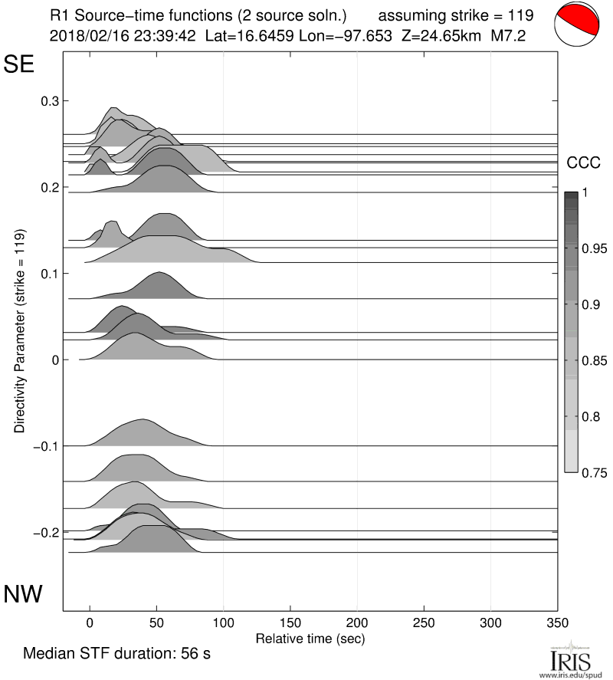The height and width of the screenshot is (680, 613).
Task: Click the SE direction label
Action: click(20, 65)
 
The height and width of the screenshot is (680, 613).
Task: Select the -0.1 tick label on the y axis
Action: click(45, 446)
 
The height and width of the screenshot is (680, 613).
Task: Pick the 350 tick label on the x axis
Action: click(557, 622)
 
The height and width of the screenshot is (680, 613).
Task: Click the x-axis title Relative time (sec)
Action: click(310, 638)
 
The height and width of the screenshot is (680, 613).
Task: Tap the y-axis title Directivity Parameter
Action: click(20, 330)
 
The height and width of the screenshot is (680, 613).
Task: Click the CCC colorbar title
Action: click(580, 162)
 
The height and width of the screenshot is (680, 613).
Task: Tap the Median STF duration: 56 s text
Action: click(116, 655)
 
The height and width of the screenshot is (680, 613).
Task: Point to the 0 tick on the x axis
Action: click(90, 622)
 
